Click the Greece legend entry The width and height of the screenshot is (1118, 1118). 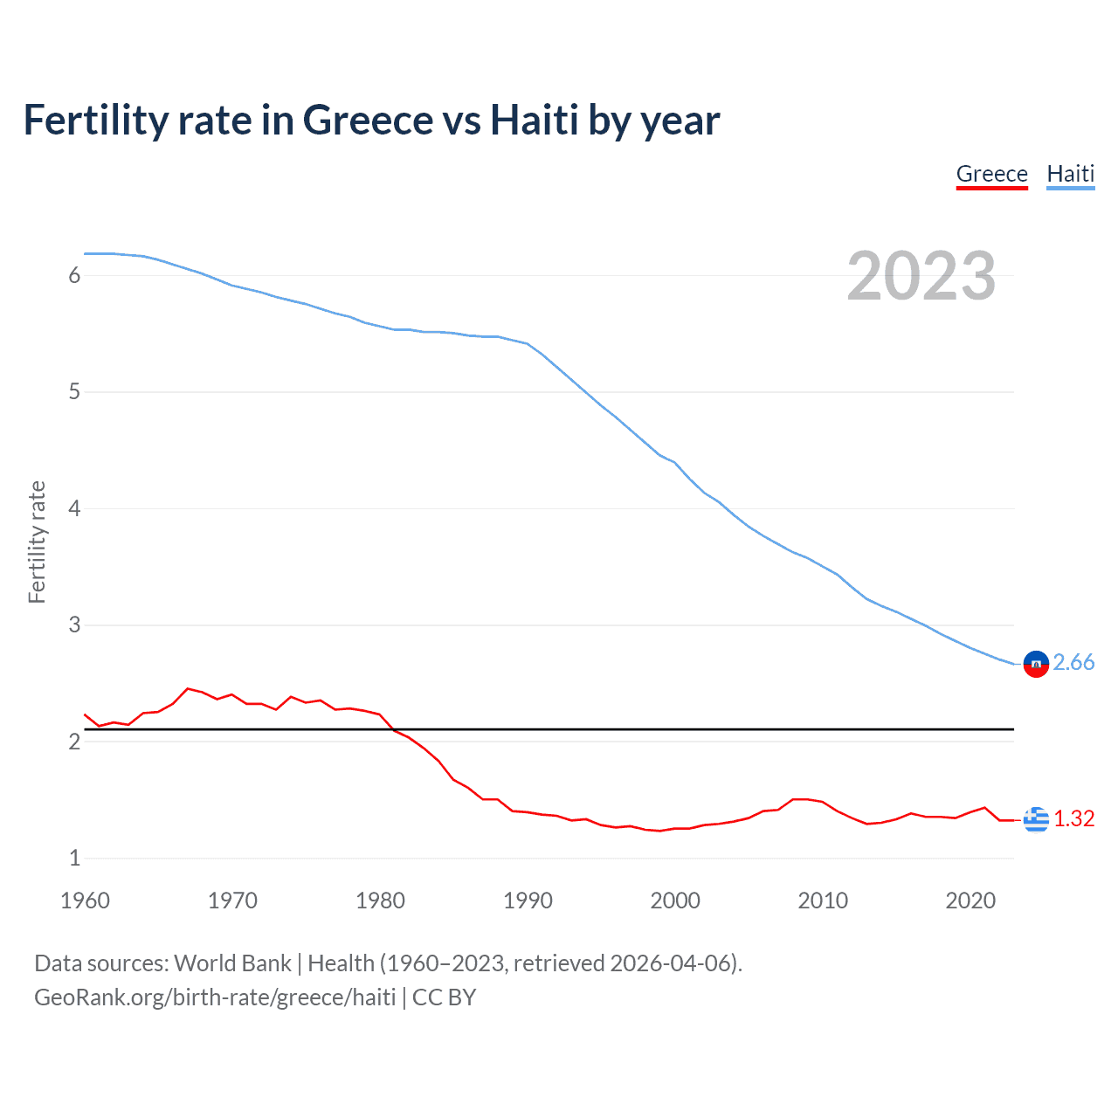991,174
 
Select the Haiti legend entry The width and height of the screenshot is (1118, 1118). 1070,174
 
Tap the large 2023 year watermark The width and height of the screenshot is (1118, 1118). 921,276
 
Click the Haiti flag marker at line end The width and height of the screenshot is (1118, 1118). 1036,664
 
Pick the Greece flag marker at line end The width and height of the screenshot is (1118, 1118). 1036,819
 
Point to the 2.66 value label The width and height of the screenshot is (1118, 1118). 1073,663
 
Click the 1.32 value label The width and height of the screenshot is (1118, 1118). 1073,818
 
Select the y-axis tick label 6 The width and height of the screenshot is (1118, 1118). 74,276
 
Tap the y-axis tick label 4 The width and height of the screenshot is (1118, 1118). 74,508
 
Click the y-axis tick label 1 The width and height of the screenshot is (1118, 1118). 74,858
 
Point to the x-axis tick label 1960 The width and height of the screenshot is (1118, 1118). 85,901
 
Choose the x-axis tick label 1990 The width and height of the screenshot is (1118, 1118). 528,901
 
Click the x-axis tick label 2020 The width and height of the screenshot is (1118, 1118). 970,901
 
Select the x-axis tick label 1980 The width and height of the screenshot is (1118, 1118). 380,901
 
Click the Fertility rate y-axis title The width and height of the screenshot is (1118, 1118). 37,542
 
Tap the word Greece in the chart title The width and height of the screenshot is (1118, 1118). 368,121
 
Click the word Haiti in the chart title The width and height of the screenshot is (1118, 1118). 534,121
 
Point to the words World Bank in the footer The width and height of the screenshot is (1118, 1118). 232,963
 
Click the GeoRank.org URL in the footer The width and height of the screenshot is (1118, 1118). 215,997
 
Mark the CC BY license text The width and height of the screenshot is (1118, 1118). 444,997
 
